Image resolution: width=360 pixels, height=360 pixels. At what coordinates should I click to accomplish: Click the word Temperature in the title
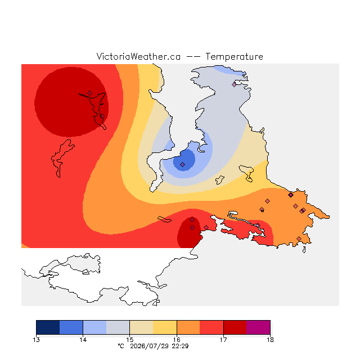point(234,57)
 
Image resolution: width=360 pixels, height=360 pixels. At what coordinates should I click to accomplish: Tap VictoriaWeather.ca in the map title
point(138,56)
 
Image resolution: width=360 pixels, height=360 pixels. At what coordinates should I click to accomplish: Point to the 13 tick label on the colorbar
point(36,340)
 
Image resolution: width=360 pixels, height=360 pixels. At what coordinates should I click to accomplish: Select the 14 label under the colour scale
point(83,340)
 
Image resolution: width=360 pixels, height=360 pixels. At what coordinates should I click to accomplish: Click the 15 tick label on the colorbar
point(130,340)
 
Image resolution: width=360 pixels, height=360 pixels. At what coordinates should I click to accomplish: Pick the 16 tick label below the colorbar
point(177,340)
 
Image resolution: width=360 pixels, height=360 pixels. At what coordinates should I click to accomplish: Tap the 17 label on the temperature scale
point(223,340)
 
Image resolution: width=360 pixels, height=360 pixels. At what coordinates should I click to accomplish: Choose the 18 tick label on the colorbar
point(270,340)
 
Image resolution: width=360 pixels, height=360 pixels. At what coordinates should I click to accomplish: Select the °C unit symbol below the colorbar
point(121,346)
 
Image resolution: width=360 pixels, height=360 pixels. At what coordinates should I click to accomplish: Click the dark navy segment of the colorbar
point(48,327)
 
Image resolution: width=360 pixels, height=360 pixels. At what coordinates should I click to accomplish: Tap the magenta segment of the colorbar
point(258,327)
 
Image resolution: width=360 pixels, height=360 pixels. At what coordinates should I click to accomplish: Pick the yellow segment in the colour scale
point(165,327)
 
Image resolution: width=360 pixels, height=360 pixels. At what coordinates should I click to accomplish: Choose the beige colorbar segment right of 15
point(141,327)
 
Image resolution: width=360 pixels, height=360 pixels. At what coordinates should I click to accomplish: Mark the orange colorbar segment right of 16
point(188,327)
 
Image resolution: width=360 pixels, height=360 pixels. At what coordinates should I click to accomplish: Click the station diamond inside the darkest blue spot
point(182,164)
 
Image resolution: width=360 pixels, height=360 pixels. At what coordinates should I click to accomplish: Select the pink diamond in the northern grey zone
point(234,84)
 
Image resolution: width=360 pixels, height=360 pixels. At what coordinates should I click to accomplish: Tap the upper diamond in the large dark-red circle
point(90,93)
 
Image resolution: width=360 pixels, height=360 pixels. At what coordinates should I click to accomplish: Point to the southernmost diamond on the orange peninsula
point(299,238)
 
